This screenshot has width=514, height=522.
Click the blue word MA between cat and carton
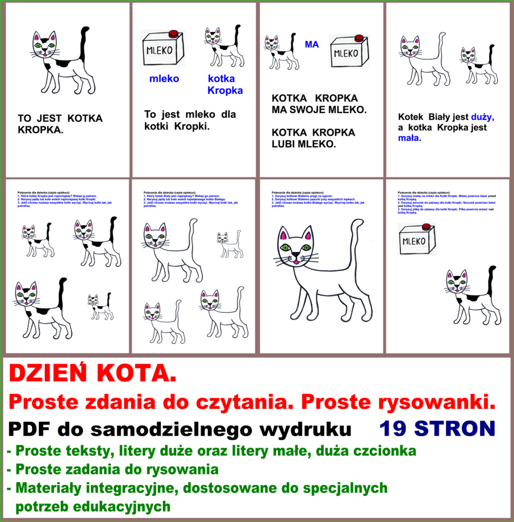click(x=312, y=44)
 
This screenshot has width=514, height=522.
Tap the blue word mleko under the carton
click(x=164, y=79)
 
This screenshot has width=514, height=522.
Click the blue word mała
click(x=408, y=139)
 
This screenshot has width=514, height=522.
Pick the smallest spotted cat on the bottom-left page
click(x=100, y=307)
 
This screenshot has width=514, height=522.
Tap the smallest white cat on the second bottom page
click(x=230, y=245)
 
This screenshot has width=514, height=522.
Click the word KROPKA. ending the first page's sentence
click(x=41, y=130)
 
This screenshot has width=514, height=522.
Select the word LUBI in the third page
click(x=284, y=144)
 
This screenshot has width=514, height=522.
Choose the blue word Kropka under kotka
click(x=225, y=90)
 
